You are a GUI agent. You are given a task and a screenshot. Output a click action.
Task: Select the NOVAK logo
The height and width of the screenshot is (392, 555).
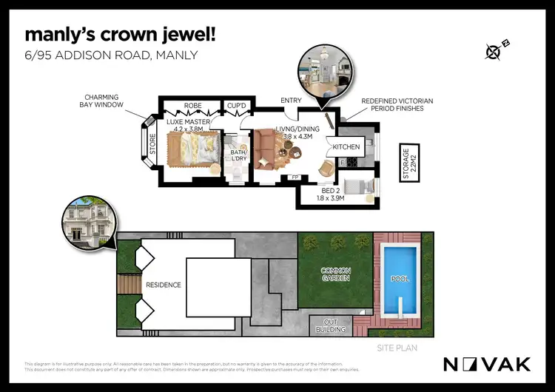click(x=486, y=364)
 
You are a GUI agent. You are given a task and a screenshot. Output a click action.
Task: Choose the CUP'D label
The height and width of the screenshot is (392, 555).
click(x=237, y=106)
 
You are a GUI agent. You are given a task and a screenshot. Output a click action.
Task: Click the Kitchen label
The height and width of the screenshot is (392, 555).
click(x=346, y=146)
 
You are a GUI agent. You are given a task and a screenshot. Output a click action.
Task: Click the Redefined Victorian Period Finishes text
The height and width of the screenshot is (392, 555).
click(x=397, y=104)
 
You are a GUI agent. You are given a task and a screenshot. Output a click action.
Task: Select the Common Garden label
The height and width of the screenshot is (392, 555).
click(x=334, y=274)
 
